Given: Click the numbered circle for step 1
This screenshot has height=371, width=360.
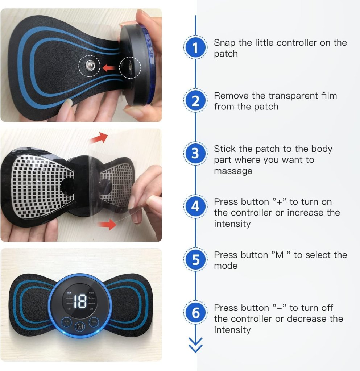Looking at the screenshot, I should click(195, 48).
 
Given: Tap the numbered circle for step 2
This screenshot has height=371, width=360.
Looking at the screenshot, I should click(195, 101).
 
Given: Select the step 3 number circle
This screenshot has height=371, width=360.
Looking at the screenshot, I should click(195, 154).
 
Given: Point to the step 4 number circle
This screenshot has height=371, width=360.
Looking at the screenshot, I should click(195, 207).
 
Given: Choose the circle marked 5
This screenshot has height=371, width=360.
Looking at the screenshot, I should click(195, 260).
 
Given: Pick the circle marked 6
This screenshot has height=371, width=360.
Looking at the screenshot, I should click(195, 313).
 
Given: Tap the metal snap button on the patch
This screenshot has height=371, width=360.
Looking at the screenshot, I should click(90, 66).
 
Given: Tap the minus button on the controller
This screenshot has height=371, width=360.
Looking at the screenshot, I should click(94, 321).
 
